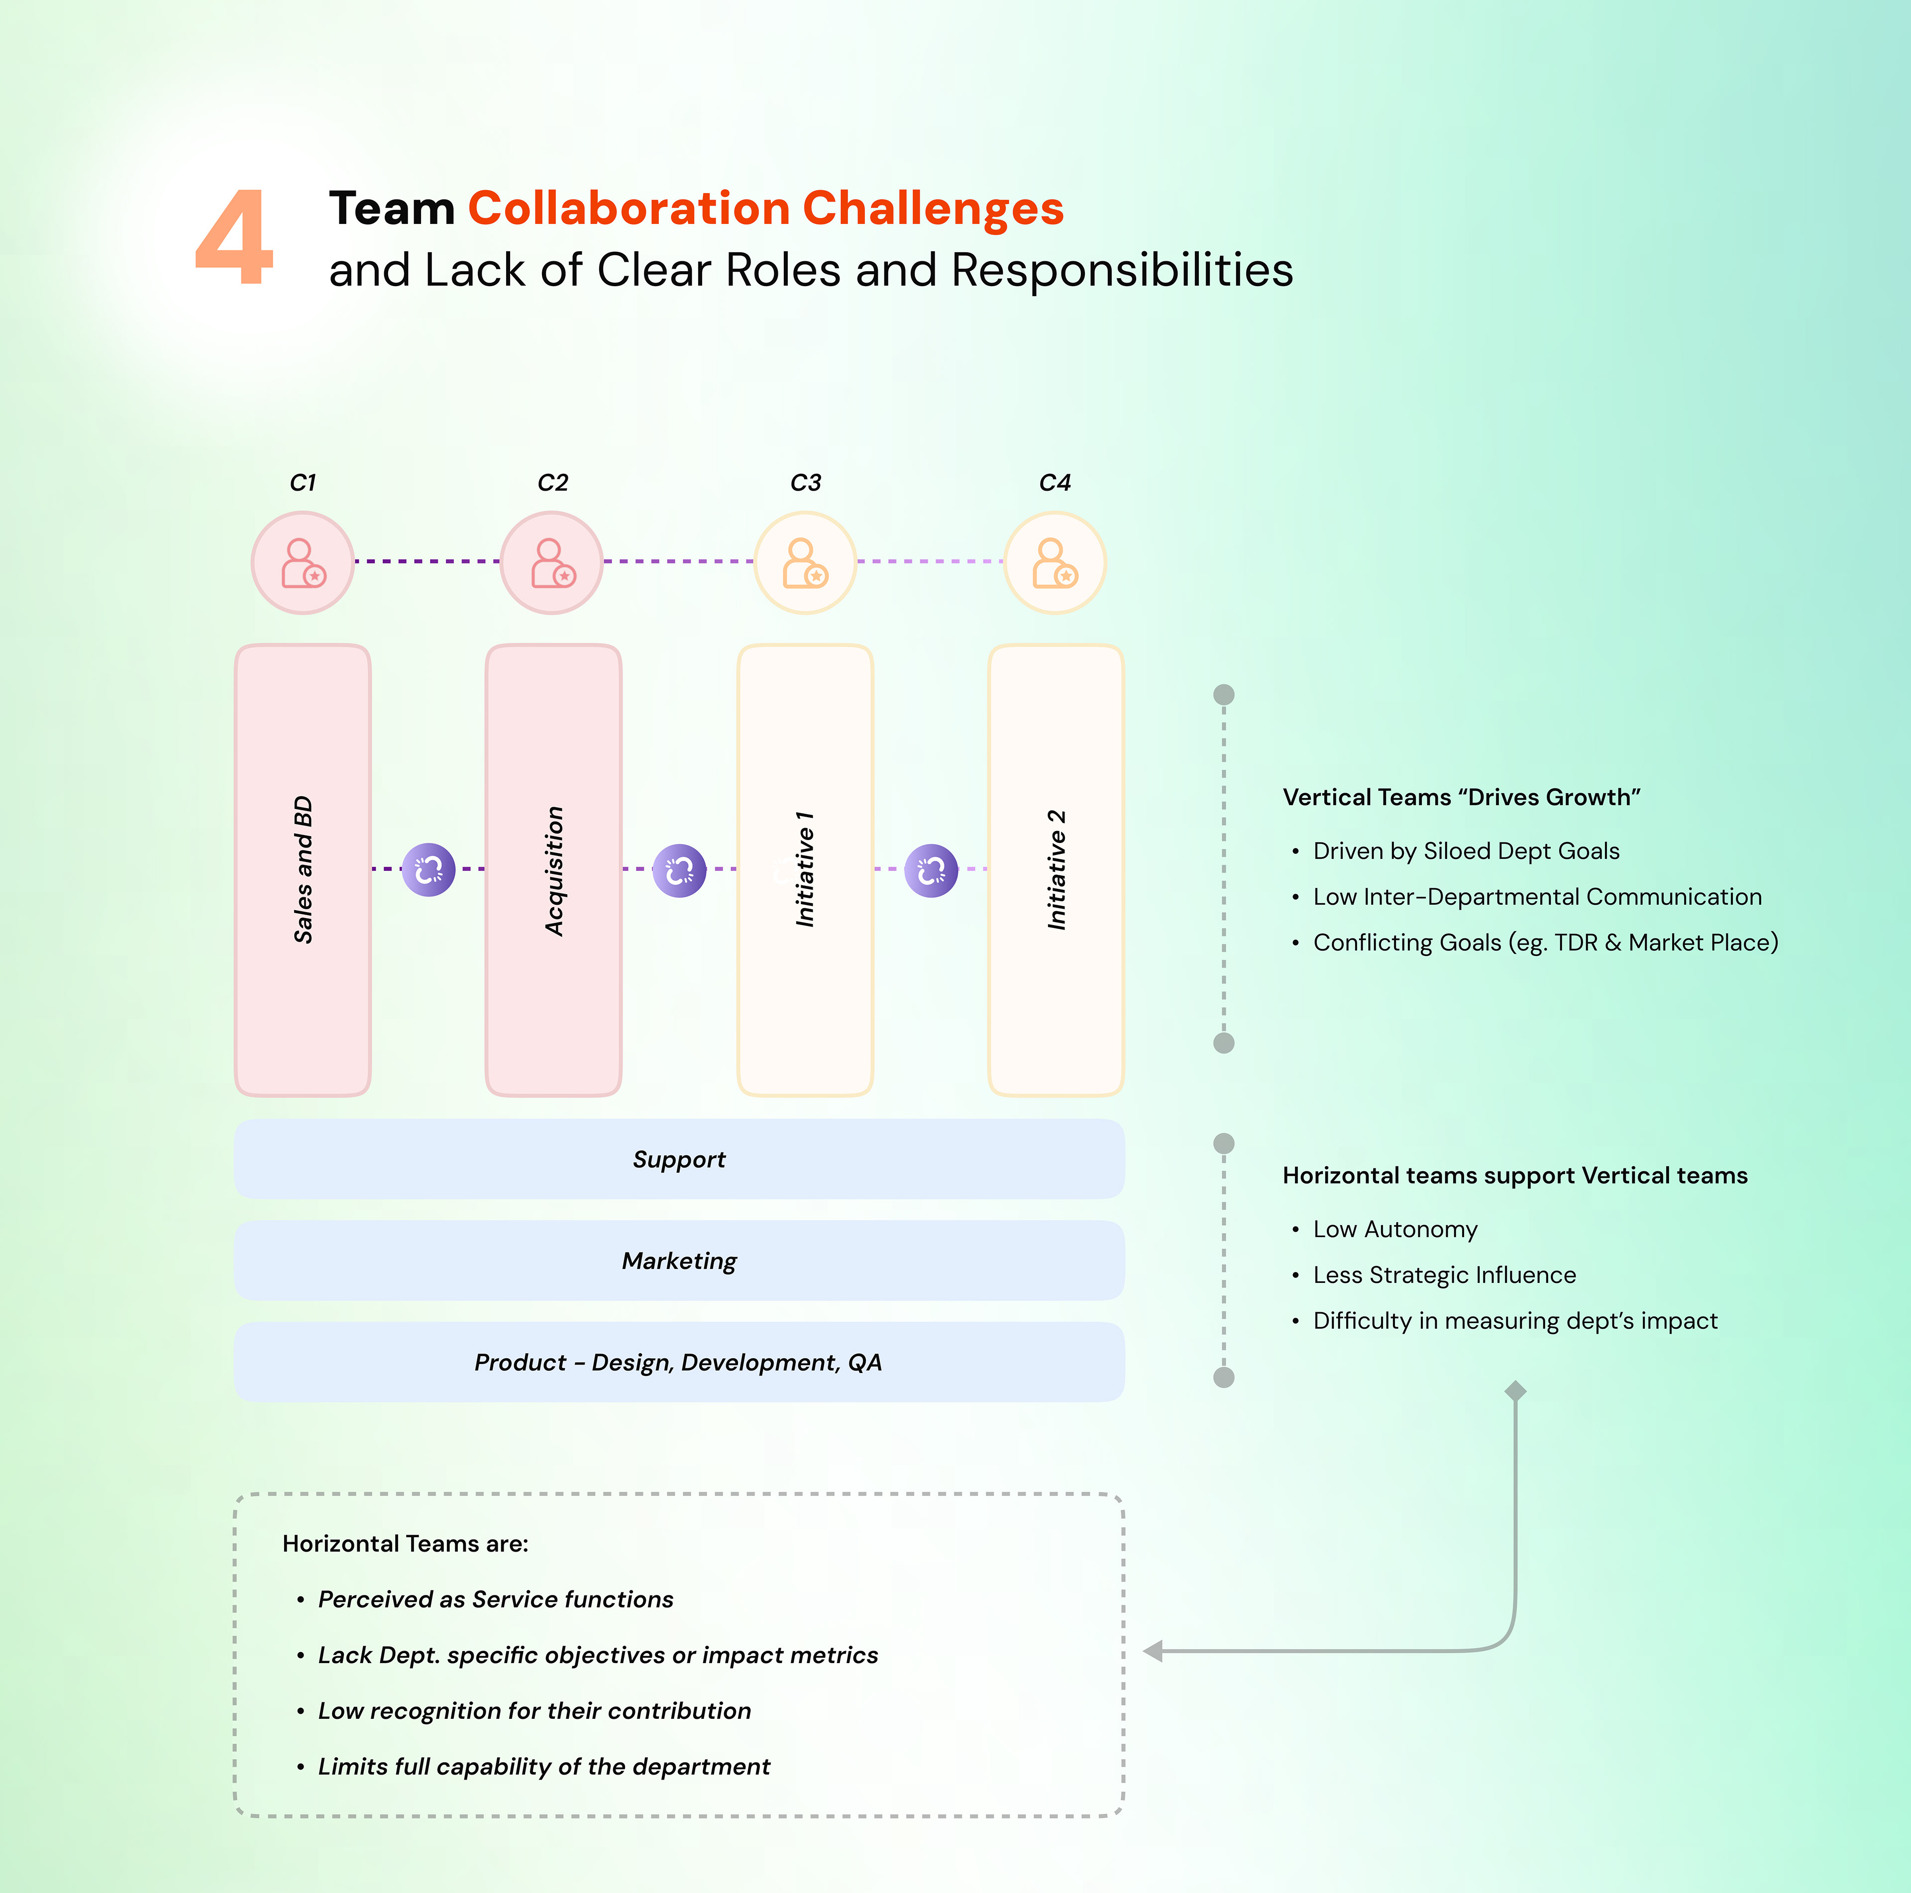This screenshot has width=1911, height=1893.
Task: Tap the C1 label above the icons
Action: point(303,483)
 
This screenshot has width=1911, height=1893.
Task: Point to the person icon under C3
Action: point(805,563)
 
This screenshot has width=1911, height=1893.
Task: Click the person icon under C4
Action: point(1055,563)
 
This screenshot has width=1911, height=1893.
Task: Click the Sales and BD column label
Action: point(303,869)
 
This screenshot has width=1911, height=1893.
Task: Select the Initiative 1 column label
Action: point(805,869)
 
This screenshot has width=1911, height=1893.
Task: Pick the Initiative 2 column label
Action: point(1057,869)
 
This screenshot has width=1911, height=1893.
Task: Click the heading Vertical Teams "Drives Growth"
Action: point(1461,797)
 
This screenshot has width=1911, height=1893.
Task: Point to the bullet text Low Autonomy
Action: point(1394,1229)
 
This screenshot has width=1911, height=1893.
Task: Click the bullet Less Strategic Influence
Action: point(1444,1275)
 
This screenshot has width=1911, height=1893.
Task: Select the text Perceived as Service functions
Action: point(496,1599)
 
